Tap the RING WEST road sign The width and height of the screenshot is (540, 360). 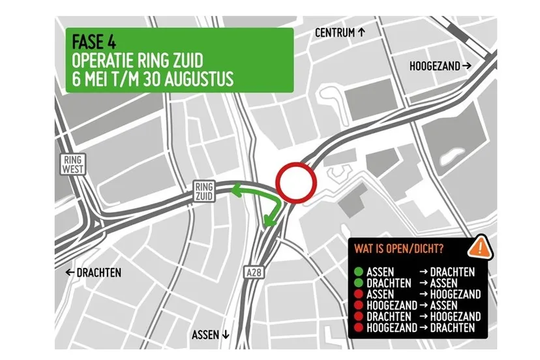pyautogui.click(x=70, y=164)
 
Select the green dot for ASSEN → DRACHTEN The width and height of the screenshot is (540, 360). pyautogui.click(x=359, y=272)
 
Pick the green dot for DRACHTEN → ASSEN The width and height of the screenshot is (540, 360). pyautogui.click(x=359, y=283)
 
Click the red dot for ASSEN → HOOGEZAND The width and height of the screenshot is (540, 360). pyautogui.click(x=359, y=294)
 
